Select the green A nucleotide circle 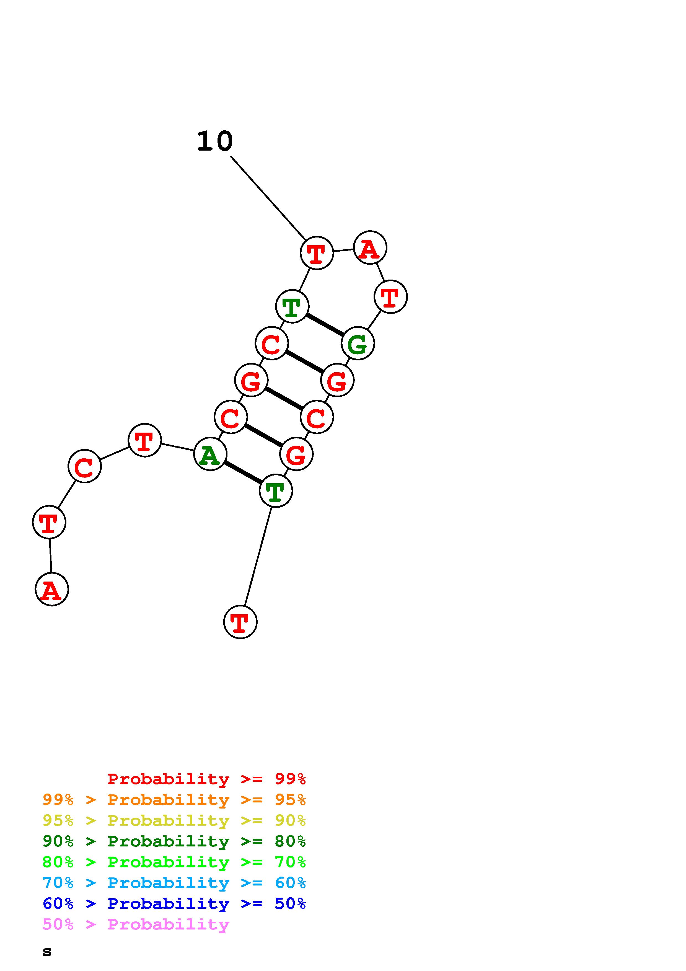[x=210, y=454]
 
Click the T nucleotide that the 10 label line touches [x=317, y=253]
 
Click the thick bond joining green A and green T [x=243, y=472]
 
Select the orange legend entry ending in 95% [x=174, y=800]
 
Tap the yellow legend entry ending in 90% [x=174, y=820]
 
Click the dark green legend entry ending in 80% [x=174, y=841]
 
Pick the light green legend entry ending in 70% [x=174, y=862]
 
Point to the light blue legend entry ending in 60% [x=174, y=883]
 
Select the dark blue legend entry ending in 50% [x=174, y=903]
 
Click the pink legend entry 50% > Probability [x=136, y=924]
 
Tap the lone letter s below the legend [x=47, y=952]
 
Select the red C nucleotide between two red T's [x=84, y=466]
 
